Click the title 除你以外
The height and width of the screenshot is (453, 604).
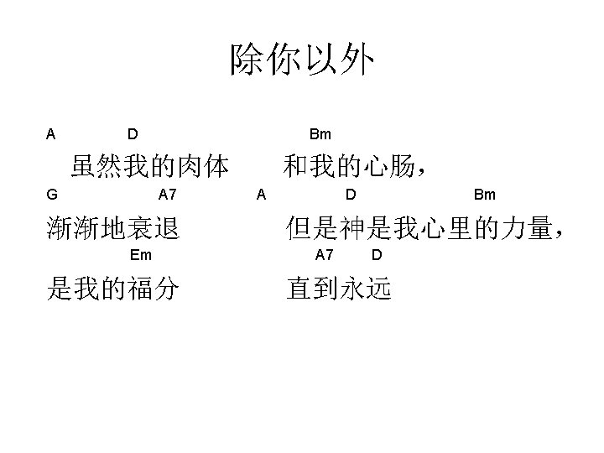coord(302,60)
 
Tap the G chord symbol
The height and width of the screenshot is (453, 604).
coord(52,195)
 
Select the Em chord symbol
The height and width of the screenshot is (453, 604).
coord(141,255)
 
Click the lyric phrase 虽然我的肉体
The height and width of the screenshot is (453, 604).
coord(150,167)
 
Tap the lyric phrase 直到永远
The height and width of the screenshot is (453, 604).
coord(338,289)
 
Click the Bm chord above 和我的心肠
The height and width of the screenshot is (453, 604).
coord(320,134)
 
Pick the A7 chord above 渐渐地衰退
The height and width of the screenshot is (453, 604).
coord(168,195)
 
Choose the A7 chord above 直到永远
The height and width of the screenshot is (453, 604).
coord(325,255)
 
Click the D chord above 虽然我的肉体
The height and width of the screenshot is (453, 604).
coord(133,134)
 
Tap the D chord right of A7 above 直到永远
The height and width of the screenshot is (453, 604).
coord(377,255)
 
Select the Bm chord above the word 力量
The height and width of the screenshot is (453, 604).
coord(485,195)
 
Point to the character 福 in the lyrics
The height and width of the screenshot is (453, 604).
coord(141,289)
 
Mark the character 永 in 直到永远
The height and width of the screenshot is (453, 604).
coord(351,289)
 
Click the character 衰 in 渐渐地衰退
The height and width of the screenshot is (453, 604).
coord(141,228)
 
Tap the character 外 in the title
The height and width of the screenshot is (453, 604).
coord(357,60)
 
